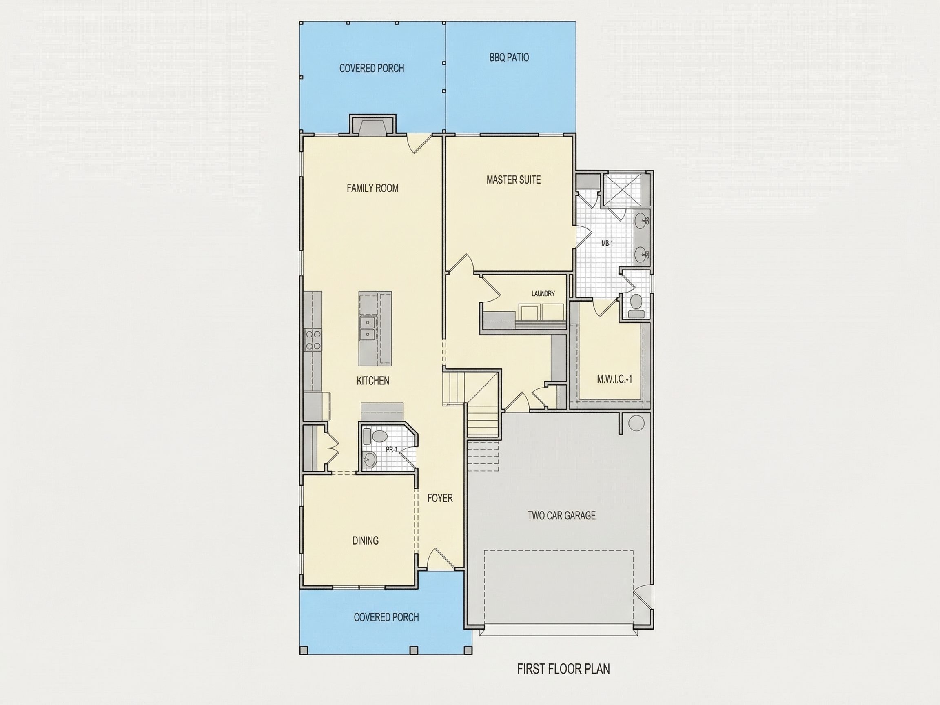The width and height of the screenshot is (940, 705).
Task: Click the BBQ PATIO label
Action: [509, 58]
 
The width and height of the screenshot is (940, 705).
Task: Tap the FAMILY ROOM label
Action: [372, 188]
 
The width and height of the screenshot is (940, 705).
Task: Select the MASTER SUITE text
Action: [513, 180]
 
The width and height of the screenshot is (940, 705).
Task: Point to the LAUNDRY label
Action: [543, 294]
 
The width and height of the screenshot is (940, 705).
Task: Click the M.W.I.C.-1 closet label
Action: [614, 379]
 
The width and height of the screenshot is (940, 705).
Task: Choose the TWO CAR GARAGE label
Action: [561, 515]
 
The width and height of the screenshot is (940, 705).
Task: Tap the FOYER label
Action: [440, 498]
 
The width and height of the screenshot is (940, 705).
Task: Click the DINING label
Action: [366, 541]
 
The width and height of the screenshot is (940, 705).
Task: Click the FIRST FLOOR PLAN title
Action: [563, 669]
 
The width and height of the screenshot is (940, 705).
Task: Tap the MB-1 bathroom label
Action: [607, 244]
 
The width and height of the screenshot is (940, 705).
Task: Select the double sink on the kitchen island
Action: [367, 328]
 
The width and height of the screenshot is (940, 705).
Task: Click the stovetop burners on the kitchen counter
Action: [313, 340]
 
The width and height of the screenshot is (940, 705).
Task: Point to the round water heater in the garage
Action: [636, 423]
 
